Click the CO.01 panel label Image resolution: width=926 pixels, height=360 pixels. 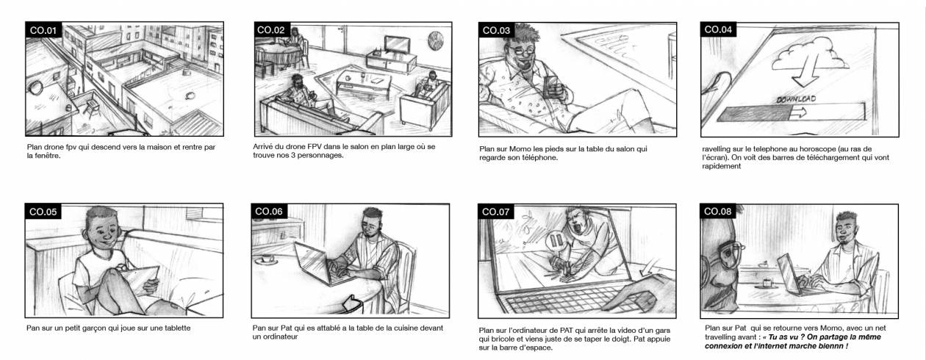[x=43, y=30]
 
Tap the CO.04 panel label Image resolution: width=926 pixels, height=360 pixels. [x=717, y=30]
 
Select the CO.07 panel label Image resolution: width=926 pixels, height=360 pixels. [x=495, y=212]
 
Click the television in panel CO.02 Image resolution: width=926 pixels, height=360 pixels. [x=397, y=45]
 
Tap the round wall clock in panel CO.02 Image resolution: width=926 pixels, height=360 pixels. [x=435, y=41]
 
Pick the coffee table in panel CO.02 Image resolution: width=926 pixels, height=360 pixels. [x=364, y=82]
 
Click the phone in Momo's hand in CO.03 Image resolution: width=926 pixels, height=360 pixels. [x=550, y=87]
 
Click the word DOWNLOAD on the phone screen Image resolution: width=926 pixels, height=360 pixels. [x=796, y=99]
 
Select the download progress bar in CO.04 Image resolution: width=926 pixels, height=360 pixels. [x=791, y=112]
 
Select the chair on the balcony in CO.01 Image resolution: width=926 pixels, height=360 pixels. [x=91, y=107]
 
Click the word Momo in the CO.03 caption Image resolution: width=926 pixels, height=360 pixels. [x=520, y=149]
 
